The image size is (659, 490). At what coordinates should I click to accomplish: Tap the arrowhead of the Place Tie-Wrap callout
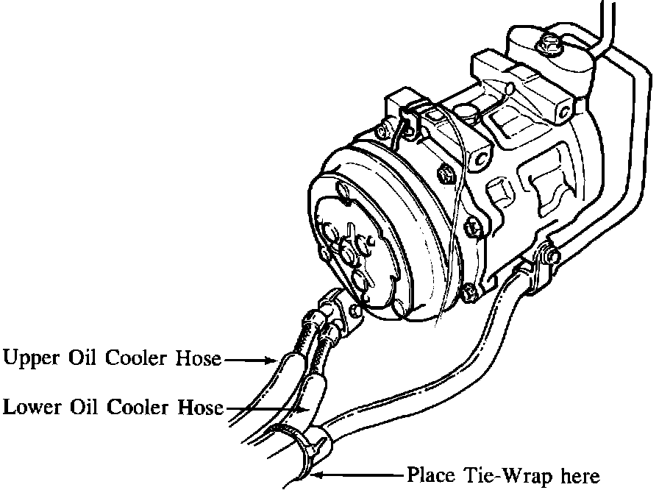pos(318,475)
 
